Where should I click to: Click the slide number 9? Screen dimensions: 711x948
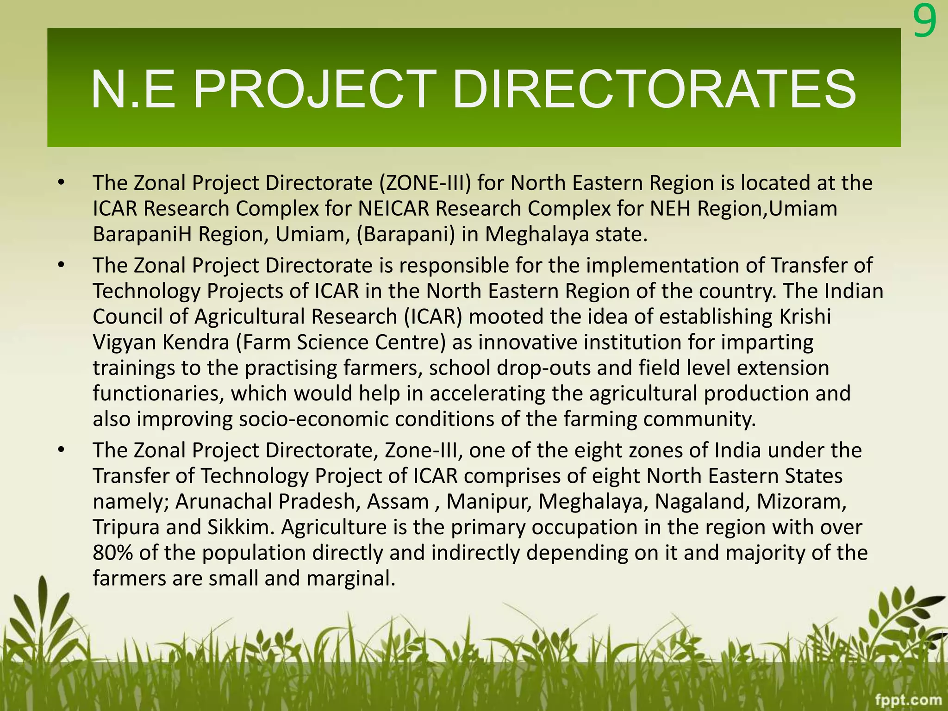924,23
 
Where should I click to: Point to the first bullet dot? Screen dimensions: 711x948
60,184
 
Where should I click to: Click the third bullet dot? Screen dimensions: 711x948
60,451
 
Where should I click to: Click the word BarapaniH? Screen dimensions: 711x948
142,235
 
